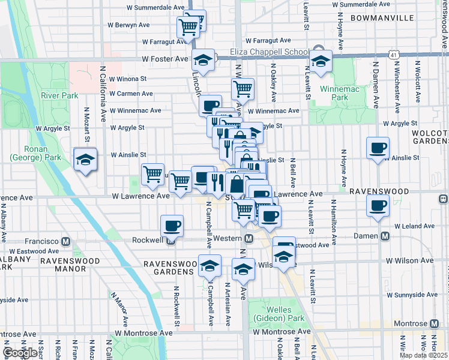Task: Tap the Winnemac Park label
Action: coord(340,93)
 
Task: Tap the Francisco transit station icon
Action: coord(66,241)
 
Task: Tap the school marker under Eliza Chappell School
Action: coord(321,61)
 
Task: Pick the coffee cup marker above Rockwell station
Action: coord(172,226)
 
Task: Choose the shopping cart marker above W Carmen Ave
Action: coord(243,89)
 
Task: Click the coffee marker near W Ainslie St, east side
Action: coord(378,148)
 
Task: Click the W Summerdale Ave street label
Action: coord(155,8)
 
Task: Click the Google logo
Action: coord(20,353)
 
